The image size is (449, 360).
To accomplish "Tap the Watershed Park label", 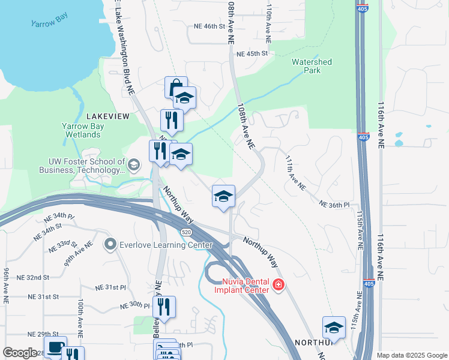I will [312, 66].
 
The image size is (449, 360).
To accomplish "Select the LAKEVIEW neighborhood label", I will [108, 116].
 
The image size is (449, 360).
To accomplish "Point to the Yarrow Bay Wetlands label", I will [81, 130].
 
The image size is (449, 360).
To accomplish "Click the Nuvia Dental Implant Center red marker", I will [278, 284].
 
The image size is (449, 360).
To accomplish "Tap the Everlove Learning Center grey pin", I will [110, 244].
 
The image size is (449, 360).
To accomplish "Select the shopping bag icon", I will [176, 88].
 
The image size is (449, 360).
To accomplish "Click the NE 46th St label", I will [209, 26].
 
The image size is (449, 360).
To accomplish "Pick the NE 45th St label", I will [252, 53].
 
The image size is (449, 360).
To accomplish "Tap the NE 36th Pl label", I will [334, 205].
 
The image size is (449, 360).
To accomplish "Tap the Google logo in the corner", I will [19, 353].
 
